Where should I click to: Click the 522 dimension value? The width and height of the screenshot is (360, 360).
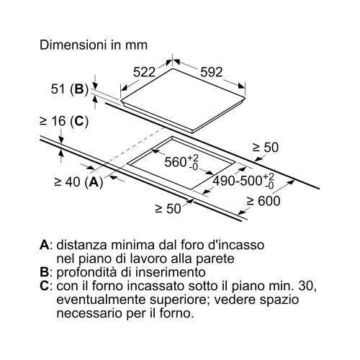[144, 72]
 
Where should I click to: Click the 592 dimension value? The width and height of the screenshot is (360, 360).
[212, 72]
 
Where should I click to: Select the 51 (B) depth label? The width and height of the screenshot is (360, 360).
[70, 89]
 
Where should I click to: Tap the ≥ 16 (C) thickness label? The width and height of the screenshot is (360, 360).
[64, 121]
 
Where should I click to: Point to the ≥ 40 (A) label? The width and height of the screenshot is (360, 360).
[78, 182]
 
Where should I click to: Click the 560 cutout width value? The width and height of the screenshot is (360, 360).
[181, 162]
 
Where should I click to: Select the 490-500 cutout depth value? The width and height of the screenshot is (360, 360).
[243, 181]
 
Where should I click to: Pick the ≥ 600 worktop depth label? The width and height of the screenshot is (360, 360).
[264, 201]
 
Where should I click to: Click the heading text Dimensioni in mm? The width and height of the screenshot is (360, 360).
[94, 45]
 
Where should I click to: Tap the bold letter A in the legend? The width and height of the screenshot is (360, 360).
[45, 245]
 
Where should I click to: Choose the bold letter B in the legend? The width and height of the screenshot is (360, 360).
[44, 272]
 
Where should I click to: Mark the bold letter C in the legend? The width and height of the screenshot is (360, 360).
[45, 286]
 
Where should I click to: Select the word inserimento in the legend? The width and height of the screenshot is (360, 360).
[171, 272]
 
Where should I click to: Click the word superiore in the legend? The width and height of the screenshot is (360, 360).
[179, 300]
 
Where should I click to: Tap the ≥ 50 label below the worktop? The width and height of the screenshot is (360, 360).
[168, 209]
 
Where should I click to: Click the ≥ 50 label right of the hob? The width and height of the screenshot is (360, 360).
[266, 148]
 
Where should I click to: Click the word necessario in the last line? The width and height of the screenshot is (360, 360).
[90, 314]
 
